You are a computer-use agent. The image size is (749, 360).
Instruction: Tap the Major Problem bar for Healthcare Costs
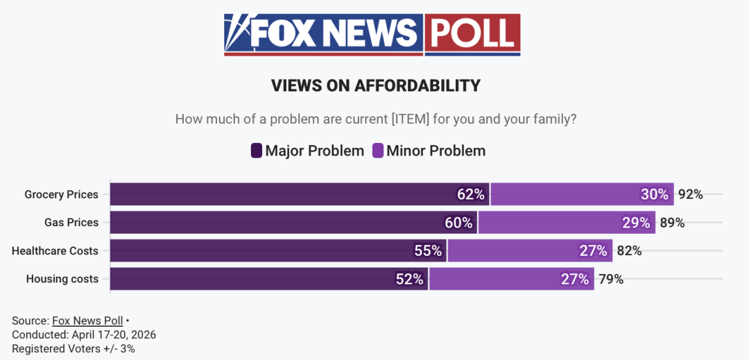278,250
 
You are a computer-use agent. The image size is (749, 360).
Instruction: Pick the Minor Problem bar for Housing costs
511,279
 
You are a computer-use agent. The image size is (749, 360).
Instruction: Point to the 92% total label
691,194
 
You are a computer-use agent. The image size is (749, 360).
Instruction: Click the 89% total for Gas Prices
672,223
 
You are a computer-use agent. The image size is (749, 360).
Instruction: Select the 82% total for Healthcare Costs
629,250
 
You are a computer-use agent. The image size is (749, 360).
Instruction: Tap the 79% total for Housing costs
611,279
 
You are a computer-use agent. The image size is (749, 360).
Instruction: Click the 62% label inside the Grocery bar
470,194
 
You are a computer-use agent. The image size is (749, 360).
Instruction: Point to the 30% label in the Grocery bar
654,194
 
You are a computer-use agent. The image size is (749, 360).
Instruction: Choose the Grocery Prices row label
61,194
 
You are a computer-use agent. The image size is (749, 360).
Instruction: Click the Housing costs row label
62,279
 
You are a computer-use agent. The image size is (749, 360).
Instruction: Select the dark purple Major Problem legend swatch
256,151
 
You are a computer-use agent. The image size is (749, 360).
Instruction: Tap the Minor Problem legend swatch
378,151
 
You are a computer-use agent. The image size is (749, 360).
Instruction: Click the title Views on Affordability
375,86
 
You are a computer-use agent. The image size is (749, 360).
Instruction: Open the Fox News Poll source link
87,320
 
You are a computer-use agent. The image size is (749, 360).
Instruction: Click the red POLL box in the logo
472,33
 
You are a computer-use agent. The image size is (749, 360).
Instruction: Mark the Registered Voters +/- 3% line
74,348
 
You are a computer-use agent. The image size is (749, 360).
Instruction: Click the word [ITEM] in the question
411,119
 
